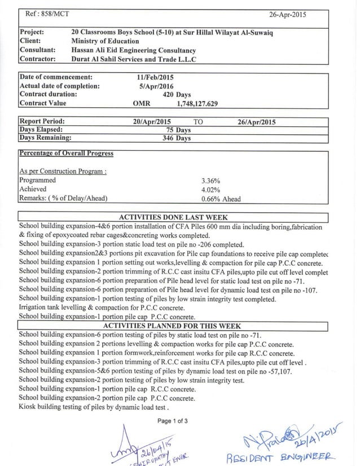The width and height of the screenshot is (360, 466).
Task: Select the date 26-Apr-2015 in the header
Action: [x=288, y=15]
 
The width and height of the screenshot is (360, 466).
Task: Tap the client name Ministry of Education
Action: [x=105, y=41]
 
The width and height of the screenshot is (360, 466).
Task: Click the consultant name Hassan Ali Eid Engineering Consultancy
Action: [x=133, y=50]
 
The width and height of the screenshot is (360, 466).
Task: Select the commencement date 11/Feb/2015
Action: [x=154, y=77]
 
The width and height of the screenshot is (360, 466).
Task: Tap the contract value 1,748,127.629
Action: [x=197, y=104]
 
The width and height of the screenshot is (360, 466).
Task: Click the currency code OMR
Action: [x=142, y=104]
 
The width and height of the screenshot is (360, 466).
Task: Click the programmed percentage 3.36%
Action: [x=210, y=181]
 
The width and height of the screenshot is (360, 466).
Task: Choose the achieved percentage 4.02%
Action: [x=210, y=190]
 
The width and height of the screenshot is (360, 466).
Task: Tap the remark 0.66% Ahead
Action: [x=221, y=199]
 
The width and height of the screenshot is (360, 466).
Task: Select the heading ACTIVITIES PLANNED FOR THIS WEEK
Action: [x=173, y=326]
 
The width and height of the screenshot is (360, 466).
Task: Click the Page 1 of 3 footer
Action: [x=173, y=421]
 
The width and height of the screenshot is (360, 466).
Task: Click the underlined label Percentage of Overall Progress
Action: [x=67, y=153]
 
